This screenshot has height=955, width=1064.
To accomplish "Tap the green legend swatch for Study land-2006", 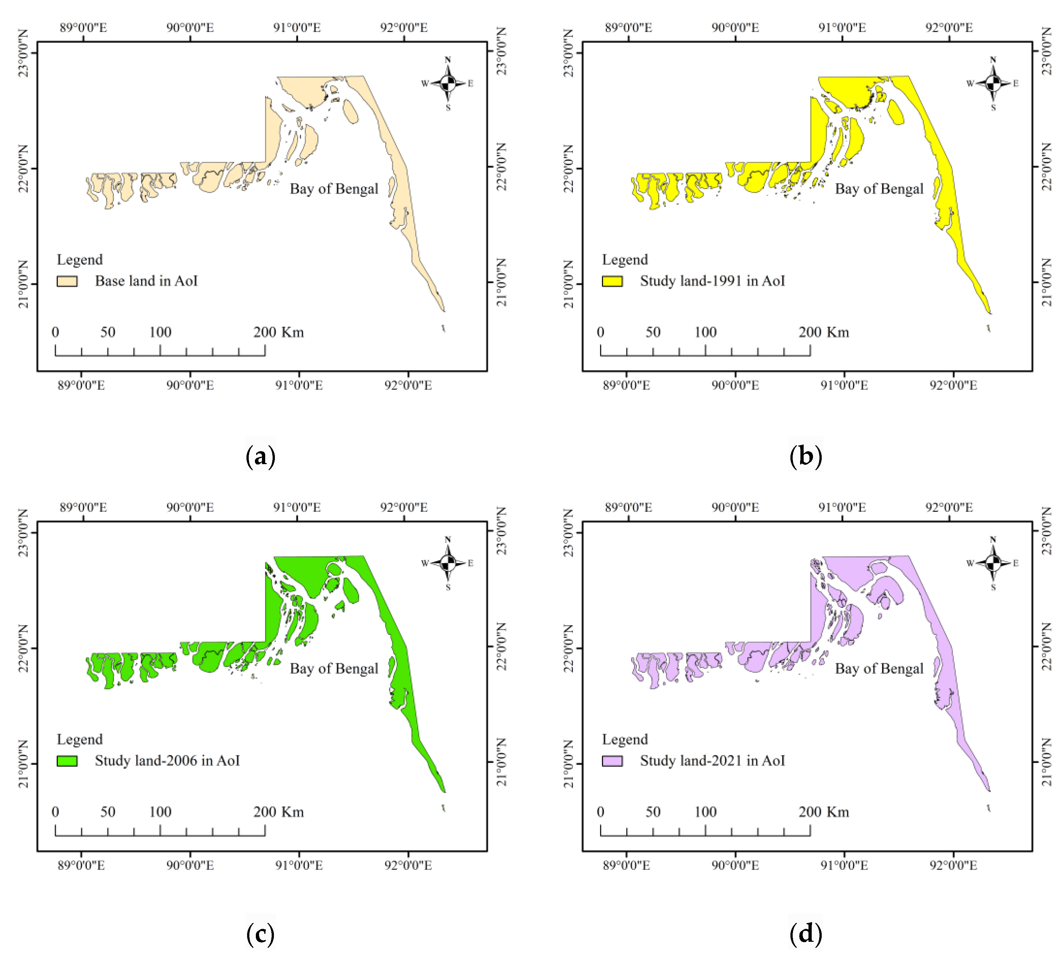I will point(67,761).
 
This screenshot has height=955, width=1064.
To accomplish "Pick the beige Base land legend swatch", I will point(67,281).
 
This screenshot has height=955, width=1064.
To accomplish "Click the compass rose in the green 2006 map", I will point(448,563).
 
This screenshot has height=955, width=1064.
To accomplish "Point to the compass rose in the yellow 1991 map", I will point(993,84).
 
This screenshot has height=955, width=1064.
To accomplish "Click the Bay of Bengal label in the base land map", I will point(334,189).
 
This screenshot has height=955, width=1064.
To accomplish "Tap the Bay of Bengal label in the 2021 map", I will point(879,669).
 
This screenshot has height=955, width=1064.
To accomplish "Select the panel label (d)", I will point(805,933).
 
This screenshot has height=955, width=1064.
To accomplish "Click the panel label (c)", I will point(260,933).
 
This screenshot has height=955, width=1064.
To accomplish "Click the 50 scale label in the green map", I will point(108,812).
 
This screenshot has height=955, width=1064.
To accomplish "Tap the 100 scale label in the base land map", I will point(160,332).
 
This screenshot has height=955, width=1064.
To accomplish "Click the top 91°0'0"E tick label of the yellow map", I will point(842,27).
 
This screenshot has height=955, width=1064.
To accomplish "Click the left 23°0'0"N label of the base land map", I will point(24,53).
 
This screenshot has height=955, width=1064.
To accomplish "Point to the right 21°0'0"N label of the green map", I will point(501,762).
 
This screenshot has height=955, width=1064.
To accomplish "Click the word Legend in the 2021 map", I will point(625,739).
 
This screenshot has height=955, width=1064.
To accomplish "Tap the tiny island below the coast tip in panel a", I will point(444,328).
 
